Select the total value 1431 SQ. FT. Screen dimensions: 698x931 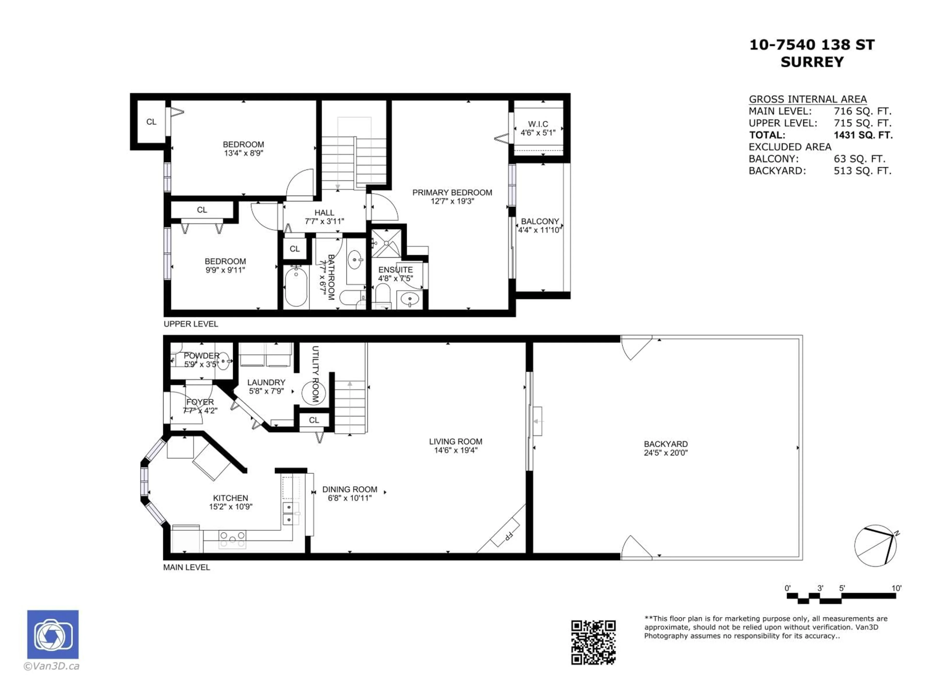point(863,135)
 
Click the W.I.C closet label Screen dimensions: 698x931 point(538,124)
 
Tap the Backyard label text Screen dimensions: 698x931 point(666,444)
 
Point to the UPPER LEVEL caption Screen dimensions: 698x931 point(191,324)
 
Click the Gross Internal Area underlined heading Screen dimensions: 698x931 point(807,99)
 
